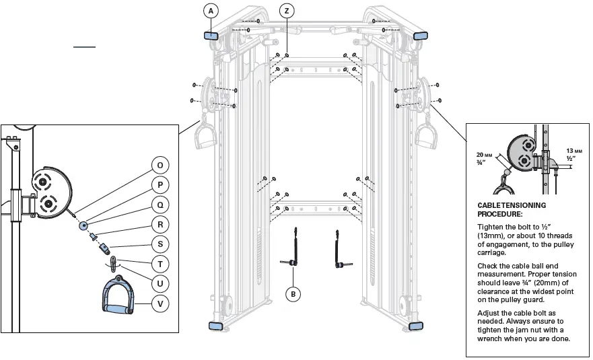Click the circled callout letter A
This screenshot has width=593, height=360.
(212, 11)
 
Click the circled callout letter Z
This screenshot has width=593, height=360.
(287, 11)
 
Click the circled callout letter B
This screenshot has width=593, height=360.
(293, 293)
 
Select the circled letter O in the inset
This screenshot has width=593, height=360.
(160, 165)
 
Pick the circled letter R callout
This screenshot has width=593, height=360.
(160, 225)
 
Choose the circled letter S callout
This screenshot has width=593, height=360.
(160, 244)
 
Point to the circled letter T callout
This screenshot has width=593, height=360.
(160, 264)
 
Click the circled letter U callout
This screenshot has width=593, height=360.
(160, 284)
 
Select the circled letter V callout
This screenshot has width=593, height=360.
(160, 304)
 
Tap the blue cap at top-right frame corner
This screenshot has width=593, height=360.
(419, 36)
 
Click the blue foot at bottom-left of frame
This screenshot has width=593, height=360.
(215, 326)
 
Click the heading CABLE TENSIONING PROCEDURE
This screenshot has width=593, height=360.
(511, 209)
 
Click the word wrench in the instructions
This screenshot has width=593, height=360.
(492, 338)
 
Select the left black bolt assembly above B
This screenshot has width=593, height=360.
(293, 249)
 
